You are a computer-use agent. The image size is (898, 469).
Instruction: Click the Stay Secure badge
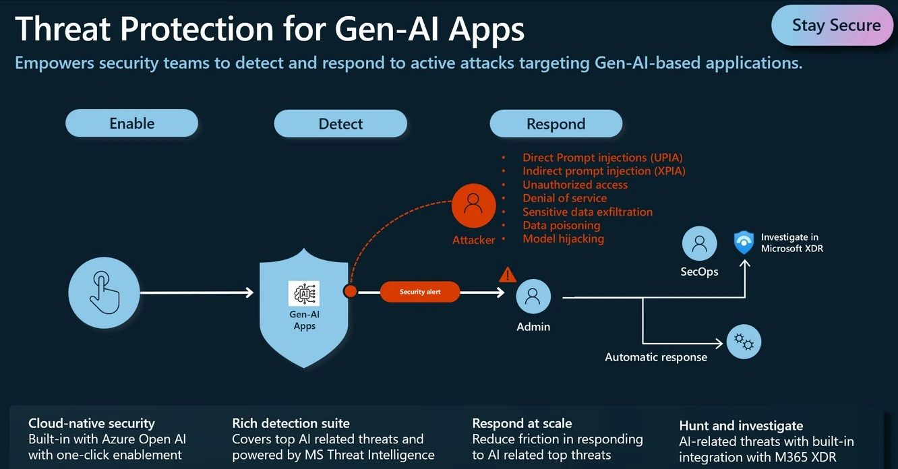click(835, 26)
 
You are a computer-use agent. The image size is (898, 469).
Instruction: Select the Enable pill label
click(132, 123)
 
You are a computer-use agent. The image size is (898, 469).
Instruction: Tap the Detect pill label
click(340, 124)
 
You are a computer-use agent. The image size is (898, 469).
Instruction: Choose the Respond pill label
click(556, 124)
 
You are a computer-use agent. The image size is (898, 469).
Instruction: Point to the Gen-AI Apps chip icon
click(304, 293)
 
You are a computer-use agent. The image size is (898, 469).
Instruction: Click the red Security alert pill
click(420, 292)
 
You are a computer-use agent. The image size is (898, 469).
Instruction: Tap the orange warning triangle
click(507, 275)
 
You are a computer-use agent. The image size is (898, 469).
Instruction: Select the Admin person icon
click(533, 296)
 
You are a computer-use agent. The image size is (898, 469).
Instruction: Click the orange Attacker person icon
click(473, 202)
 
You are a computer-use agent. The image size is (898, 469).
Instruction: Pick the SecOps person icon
click(699, 243)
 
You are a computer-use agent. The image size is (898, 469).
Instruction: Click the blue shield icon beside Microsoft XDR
click(744, 243)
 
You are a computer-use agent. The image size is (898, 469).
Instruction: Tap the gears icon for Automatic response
click(744, 342)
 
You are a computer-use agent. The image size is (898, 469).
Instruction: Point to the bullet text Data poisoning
click(561, 225)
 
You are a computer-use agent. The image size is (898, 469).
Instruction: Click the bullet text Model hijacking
click(563, 239)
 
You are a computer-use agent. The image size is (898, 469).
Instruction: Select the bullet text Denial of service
click(564, 198)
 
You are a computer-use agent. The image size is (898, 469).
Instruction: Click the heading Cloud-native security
click(92, 423)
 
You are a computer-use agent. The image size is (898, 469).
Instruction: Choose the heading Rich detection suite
click(291, 423)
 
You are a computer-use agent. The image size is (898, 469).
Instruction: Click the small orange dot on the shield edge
click(350, 291)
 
